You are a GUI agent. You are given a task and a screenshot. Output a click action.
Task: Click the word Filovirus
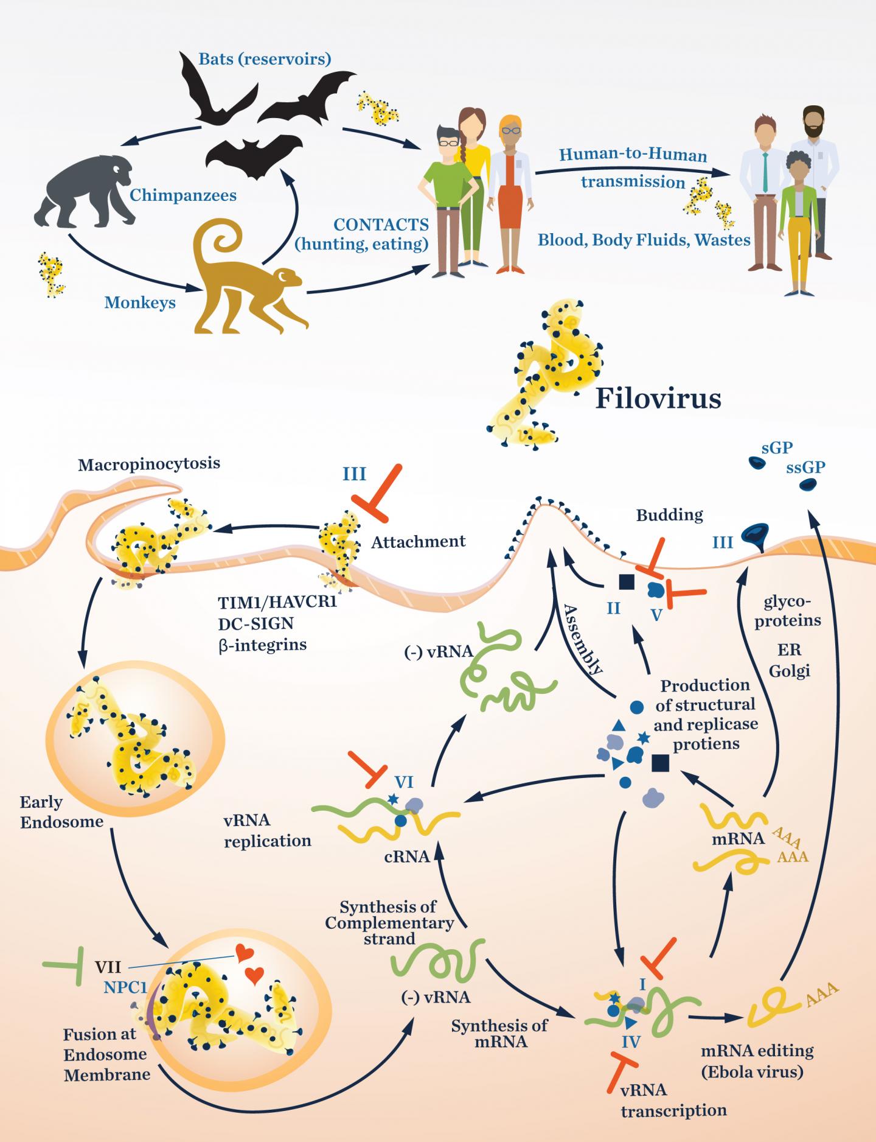658,399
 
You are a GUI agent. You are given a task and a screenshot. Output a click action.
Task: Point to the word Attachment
419,541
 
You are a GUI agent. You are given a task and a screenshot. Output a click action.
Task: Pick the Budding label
669,515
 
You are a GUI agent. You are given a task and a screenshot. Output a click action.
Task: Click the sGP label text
777,448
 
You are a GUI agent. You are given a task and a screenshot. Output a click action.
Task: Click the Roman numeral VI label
405,780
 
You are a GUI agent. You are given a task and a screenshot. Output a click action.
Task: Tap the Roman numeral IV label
631,1043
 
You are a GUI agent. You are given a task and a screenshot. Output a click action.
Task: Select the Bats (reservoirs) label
265,59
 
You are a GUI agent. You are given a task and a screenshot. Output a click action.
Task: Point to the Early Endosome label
61,813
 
